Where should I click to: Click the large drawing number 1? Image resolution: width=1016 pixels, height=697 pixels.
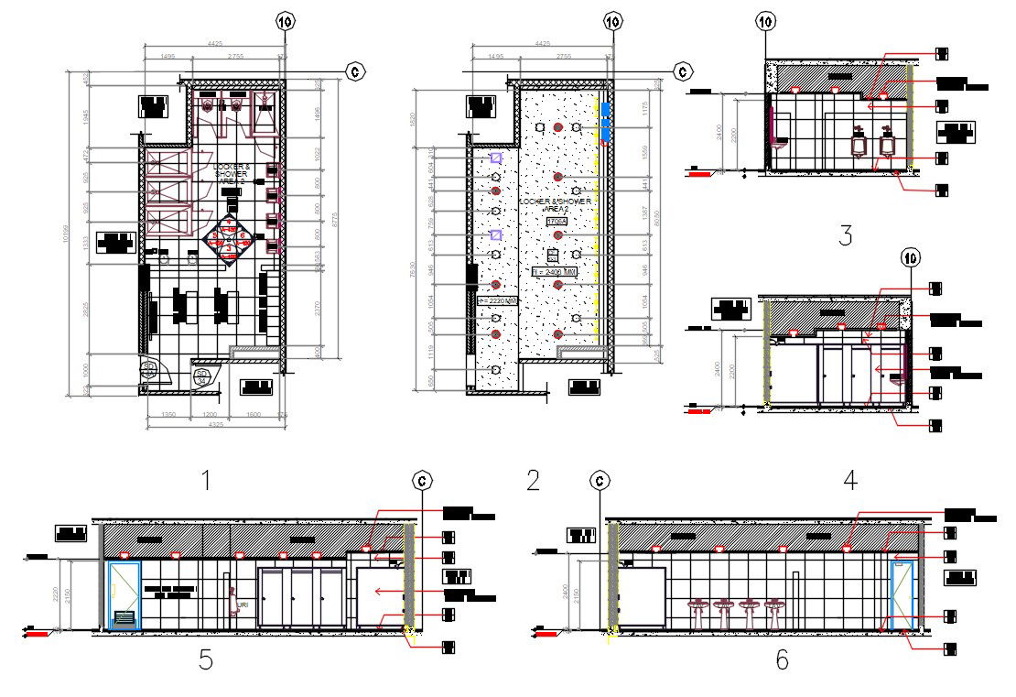(206, 479)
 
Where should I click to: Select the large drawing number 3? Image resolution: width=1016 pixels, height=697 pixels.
(845, 235)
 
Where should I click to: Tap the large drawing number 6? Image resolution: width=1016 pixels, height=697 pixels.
(781, 659)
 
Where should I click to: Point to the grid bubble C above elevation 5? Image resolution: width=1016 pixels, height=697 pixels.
(422, 479)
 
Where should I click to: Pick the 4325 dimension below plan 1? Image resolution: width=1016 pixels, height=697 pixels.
(212, 425)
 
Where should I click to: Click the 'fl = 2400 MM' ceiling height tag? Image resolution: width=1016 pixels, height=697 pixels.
(555, 272)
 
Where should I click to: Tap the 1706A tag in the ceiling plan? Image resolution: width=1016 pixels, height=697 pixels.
(556, 221)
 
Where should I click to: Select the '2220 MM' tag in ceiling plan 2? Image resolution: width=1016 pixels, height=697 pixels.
(499, 299)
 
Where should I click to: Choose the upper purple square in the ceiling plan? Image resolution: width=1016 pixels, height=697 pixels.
(495, 158)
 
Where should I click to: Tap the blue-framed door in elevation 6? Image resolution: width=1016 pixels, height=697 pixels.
(902, 595)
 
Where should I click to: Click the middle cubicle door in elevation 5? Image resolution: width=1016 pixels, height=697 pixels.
(301, 597)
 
